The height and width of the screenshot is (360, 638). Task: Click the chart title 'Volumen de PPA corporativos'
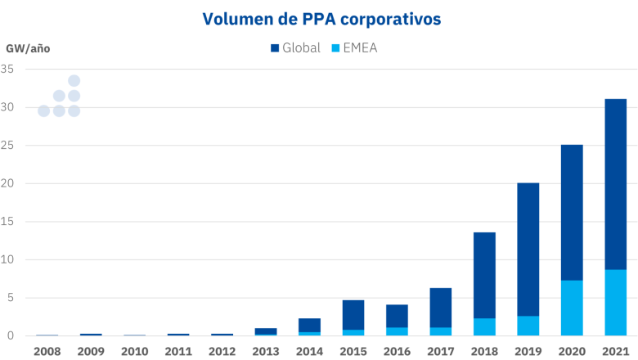(319, 18)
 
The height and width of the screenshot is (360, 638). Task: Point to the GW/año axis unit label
(28, 48)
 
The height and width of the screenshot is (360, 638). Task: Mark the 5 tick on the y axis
(11, 298)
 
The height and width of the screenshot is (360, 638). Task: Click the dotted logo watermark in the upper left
(60, 97)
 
